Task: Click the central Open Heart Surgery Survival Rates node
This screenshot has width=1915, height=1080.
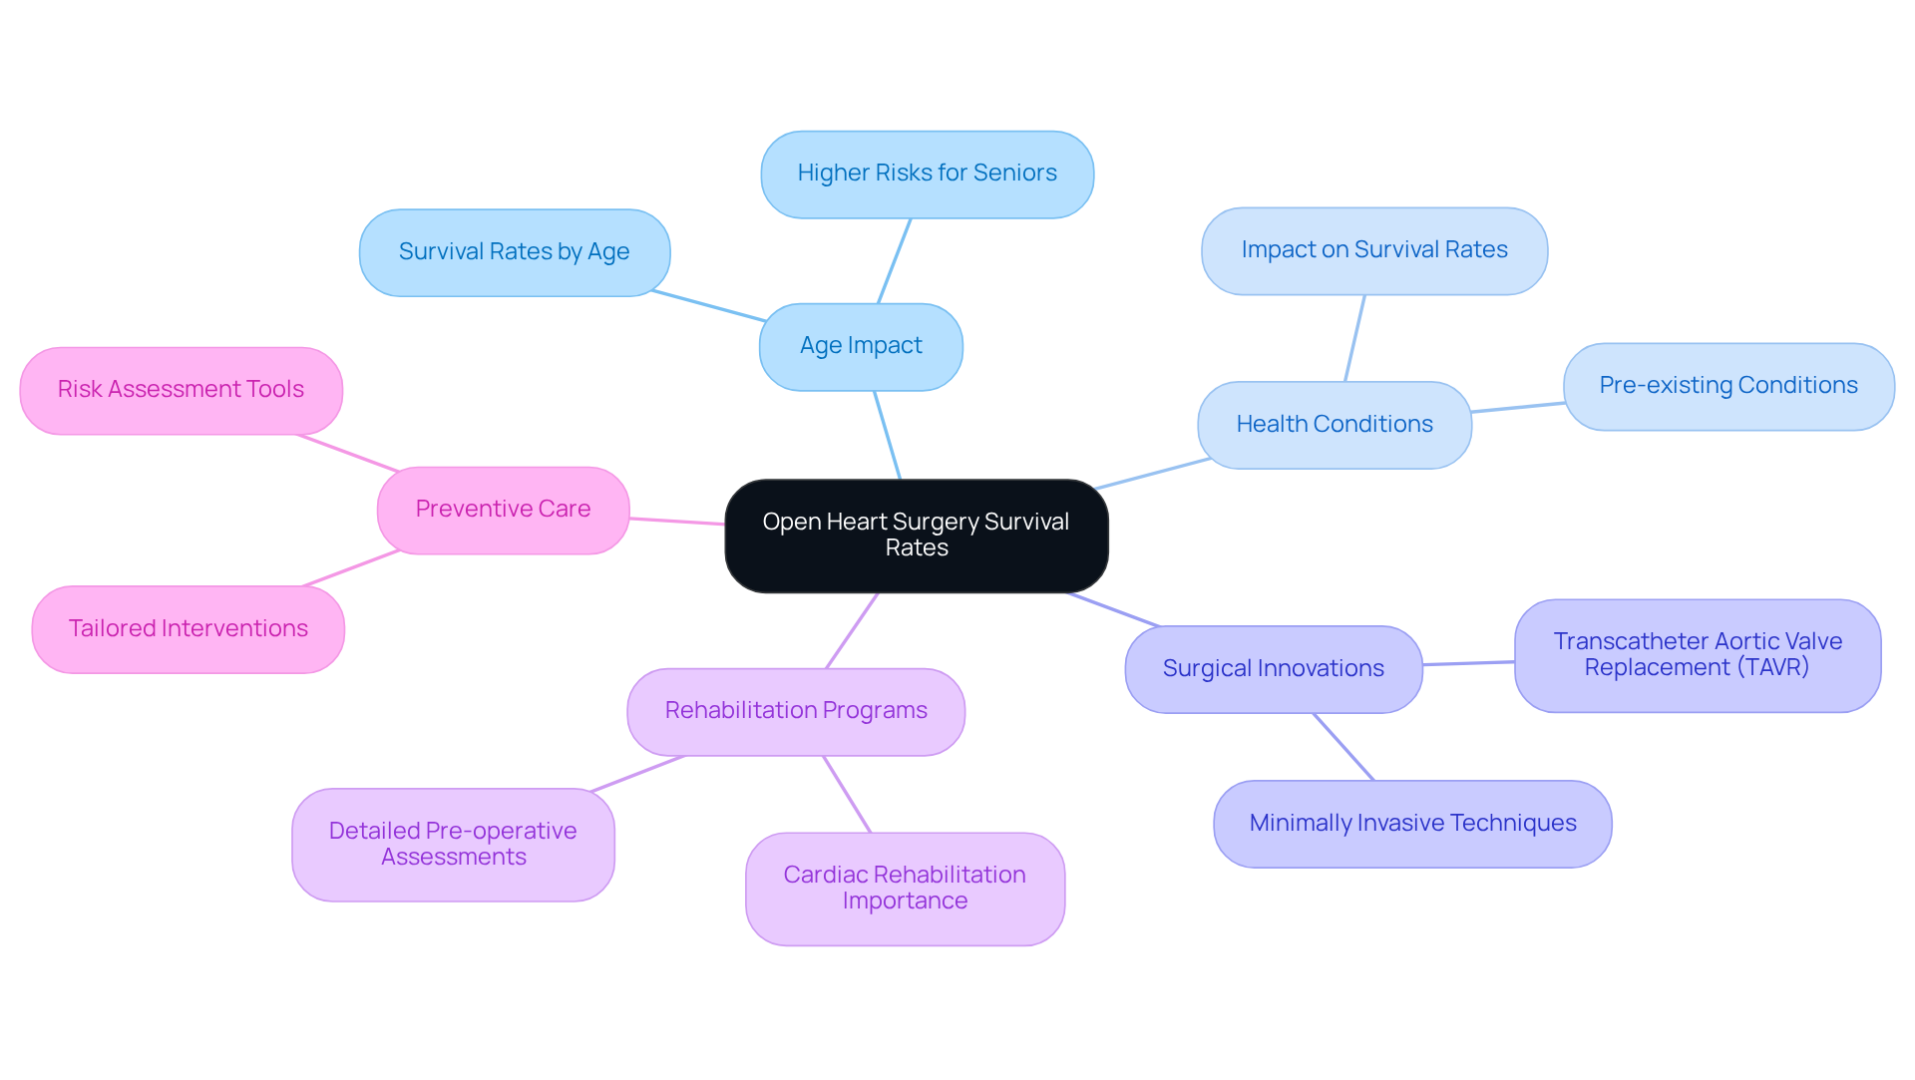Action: tap(916, 536)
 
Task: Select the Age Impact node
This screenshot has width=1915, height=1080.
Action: tap(861, 346)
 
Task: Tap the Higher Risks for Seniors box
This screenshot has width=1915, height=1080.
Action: tap(927, 174)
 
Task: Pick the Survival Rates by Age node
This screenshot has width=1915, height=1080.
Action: tap(514, 252)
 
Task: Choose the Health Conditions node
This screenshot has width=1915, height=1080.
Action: tap(1334, 425)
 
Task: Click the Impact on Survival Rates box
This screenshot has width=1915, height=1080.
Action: tap(1373, 250)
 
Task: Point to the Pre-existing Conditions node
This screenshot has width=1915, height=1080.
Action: tap(1727, 386)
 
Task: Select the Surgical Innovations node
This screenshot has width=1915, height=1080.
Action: tap(1273, 669)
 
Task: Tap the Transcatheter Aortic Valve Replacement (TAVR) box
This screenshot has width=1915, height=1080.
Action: tap(1697, 655)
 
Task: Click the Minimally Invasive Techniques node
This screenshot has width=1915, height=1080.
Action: tap(1412, 824)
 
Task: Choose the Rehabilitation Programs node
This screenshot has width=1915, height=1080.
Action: tap(796, 711)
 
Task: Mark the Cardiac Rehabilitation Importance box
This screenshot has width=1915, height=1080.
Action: tap(905, 889)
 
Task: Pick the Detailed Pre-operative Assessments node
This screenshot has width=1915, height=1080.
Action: tap(453, 845)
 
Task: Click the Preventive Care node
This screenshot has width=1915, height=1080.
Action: tap(503, 510)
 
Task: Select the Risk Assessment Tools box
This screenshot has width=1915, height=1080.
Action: tap(181, 390)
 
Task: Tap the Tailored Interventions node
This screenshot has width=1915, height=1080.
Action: tap(188, 629)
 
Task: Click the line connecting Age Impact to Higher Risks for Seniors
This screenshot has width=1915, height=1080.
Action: tap(894, 261)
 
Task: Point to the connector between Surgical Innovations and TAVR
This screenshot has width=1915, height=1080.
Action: tap(1468, 663)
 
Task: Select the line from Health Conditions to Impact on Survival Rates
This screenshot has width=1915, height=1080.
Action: tap(1354, 338)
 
